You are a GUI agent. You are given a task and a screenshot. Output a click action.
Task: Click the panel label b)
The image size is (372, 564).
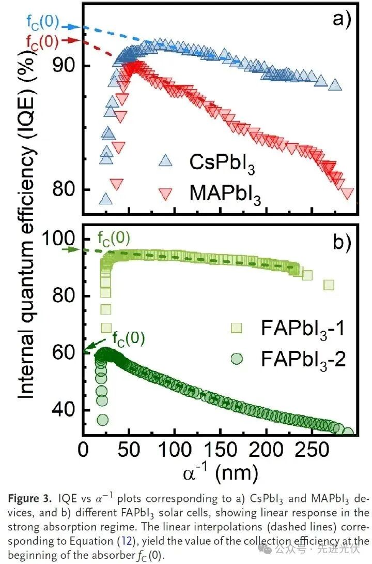coord(342,242)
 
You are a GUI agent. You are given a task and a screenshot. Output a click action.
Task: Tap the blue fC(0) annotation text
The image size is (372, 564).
coord(42,23)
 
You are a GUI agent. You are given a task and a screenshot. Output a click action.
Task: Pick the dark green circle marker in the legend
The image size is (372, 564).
coord(237,358)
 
